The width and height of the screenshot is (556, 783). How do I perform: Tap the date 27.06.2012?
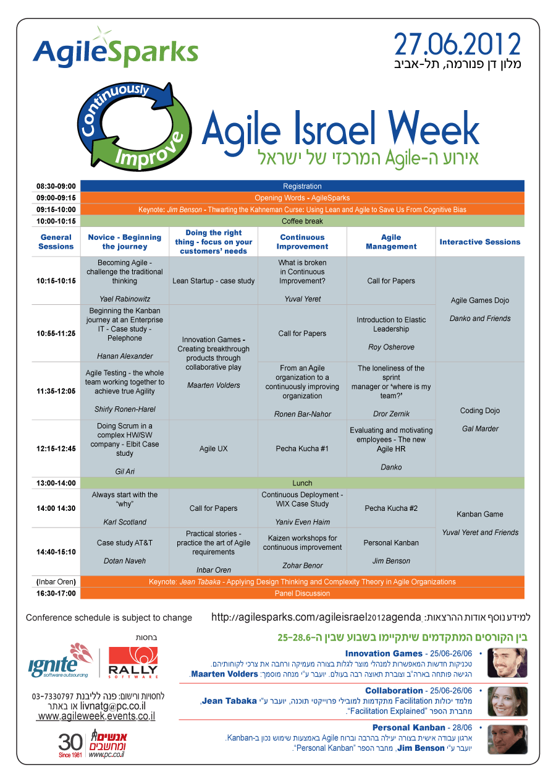point(457,45)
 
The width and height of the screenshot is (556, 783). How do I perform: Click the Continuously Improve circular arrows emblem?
point(135,127)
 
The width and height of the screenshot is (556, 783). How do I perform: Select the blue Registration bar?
point(302,186)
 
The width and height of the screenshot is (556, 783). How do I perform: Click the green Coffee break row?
point(302,221)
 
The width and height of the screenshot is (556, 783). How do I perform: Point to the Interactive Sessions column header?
point(480,242)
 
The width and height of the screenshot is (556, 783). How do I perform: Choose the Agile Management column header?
point(391,242)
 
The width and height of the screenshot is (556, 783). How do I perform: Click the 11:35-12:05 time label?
point(56,391)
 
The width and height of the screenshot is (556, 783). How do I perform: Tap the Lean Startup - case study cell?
point(213,281)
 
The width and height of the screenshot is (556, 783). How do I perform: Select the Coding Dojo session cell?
point(480,419)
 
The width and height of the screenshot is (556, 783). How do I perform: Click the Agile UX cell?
point(213,448)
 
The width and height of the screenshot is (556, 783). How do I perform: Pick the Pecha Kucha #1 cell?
point(302,448)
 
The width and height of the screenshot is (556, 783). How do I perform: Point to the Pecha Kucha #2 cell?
point(391,508)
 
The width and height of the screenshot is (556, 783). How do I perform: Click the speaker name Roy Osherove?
point(391,347)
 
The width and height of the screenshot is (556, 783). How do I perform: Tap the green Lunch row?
point(302,483)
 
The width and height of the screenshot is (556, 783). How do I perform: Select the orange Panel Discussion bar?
point(302,593)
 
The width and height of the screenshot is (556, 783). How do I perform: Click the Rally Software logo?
point(133,662)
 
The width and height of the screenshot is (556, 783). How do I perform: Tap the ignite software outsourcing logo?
point(61,661)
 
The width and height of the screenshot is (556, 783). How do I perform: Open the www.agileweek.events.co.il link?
point(96,716)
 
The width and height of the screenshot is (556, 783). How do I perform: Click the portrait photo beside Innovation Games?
point(507,663)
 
